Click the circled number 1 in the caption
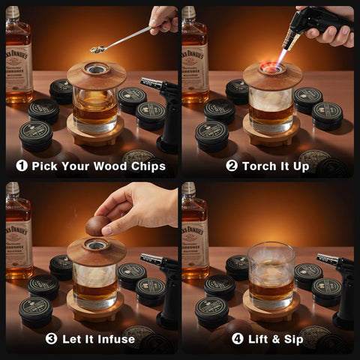[x=20, y=166]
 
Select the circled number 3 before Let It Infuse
[x=51, y=338]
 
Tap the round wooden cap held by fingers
[x=97, y=225]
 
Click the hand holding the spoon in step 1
[x=164, y=18]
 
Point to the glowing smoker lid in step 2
[x=272, y=74]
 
